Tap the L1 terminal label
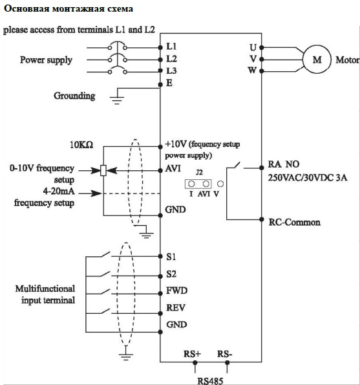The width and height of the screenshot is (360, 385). pos(171,46)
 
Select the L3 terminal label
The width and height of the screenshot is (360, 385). pos(171,71)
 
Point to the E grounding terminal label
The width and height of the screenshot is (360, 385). pos(169,83)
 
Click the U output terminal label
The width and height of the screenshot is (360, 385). pos(253,47)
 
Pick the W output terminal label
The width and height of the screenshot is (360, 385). pos(252,71)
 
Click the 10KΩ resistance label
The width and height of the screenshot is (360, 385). pos(81,145)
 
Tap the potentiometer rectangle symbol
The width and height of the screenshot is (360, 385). pos(103,170)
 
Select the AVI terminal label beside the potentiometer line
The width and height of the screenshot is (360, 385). pos(173,168)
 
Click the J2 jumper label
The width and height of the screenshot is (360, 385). pos(199,173)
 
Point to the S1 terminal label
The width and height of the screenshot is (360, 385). pos(171,257)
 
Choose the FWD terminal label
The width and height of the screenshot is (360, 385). pos(176,291)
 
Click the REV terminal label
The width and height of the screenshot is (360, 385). pos(176,307)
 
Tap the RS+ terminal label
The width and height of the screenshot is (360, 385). pos(192,354)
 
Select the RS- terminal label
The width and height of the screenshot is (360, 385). pos(224,354)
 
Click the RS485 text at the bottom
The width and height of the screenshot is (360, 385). pos(210,381)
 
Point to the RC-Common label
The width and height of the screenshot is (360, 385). pos(294,222)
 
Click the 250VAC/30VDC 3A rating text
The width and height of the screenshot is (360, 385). pos(307,177)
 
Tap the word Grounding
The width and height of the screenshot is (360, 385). pos(74,96)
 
